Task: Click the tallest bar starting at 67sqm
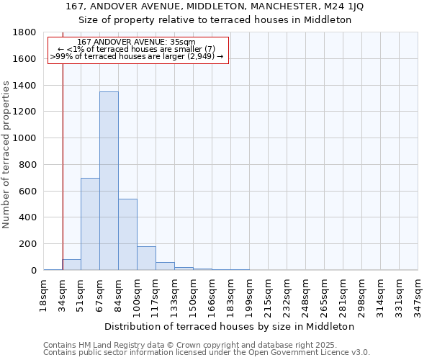coord(109,181)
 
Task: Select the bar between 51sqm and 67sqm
coord(90,224)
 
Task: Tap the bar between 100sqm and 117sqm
coord(146,258)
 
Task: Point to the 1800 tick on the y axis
coord(28,32)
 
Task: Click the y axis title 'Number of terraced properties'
coord(7,154)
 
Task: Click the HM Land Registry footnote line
coord(205,345)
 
